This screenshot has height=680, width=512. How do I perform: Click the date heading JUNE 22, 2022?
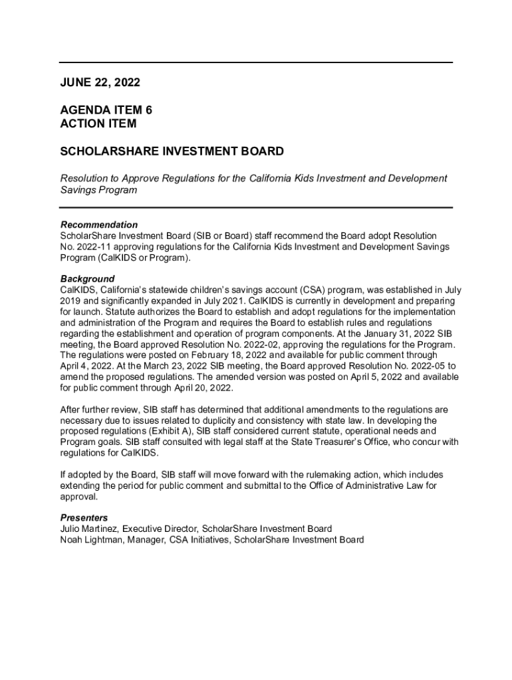coord(100,82)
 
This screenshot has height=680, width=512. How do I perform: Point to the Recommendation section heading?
coord(99,225)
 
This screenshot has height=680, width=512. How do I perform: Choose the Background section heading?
coord(87,279)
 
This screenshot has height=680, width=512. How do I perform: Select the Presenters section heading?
coord(84,518)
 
